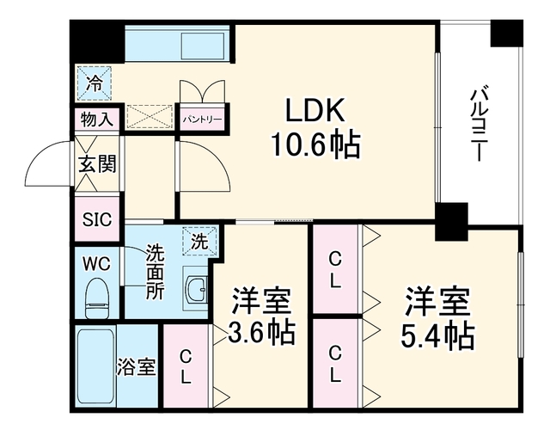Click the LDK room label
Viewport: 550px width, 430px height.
coord(315,110)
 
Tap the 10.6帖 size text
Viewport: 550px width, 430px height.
coord(315,144)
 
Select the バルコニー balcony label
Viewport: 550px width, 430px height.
coord(479,123)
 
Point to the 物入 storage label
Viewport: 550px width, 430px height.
coord(97,120)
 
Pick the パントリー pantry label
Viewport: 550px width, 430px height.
coord(202,120)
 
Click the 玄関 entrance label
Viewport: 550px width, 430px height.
coord(97,163)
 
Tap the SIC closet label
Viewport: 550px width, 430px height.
coord(97,219)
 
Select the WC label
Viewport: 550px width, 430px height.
coord(96,263)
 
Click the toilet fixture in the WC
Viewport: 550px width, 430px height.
coord(97,298)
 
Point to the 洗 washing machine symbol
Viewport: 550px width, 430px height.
coord(200,241)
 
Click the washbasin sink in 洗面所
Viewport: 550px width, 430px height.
coord(195,289)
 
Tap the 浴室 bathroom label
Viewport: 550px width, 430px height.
coord(136,367)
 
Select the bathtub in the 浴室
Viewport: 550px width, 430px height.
coord(96,365)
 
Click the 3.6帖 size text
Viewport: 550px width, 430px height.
coord(261,332)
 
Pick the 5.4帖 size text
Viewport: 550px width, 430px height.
coord(437,335)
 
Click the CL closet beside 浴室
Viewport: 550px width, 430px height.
coord(186,366)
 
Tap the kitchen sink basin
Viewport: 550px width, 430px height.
coord(203,46)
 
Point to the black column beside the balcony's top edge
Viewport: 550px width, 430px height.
coord(506,34)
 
